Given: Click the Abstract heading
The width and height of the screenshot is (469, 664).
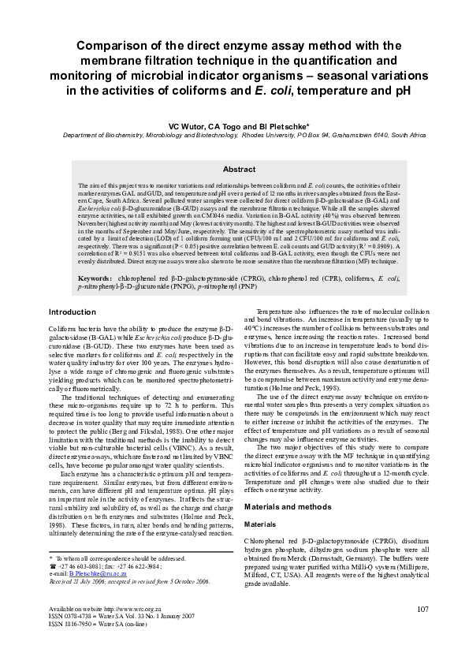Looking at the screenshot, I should pos(239,169).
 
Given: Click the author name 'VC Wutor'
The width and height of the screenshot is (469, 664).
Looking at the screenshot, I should pos(187,125).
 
